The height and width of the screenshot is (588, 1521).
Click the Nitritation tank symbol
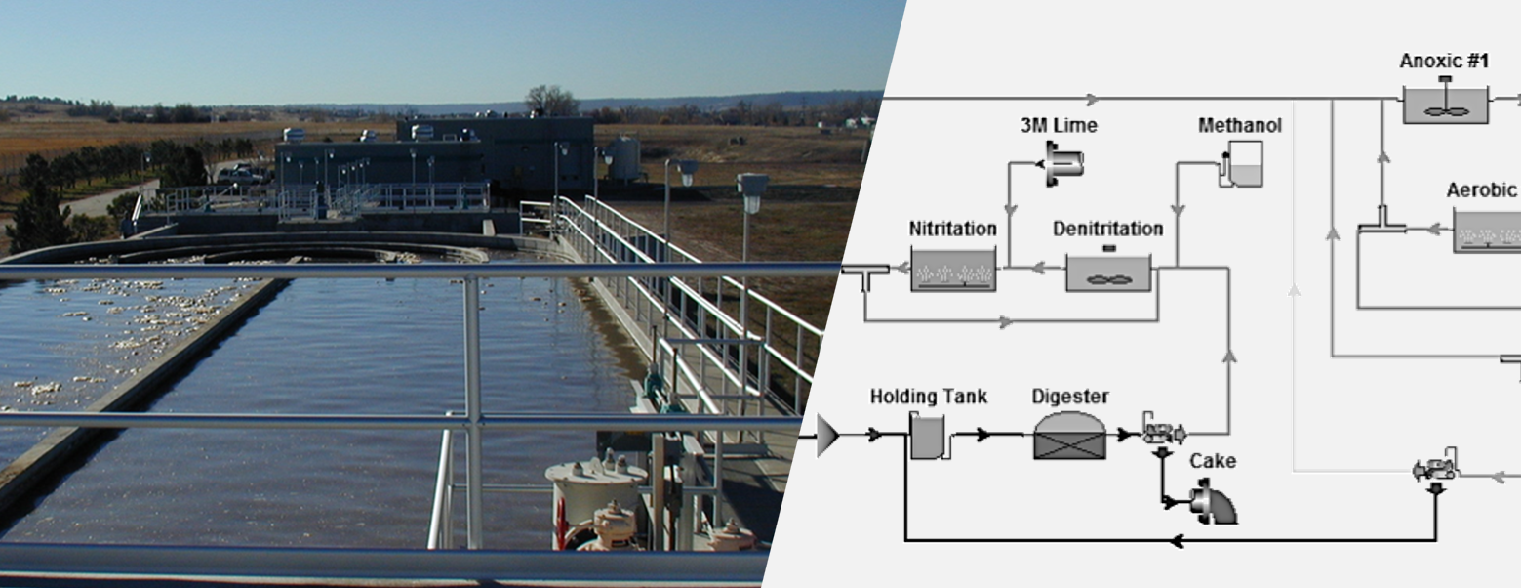(x=953, y=269)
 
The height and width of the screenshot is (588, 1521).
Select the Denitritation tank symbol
(x=1107, y=273)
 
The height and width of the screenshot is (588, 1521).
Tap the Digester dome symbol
(x=1069, y=435)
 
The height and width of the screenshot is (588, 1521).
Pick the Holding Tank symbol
(x=928, y=435)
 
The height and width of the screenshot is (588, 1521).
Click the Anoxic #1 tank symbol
(x=1445, y=105)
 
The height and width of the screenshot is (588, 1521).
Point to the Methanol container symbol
(x=1243, y=164)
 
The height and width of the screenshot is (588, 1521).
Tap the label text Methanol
(x=1239, y=126)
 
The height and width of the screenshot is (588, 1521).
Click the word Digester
(x=1070, y=397)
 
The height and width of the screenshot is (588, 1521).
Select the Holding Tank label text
(x=928, y=397)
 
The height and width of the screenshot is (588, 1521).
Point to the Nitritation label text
(x=952, y=229)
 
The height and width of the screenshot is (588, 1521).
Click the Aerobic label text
(x=1481, y=190)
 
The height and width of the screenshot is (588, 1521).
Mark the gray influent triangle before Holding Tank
(x=827, y=435)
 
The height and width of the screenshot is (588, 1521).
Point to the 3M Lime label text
(x=1059, y=126)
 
